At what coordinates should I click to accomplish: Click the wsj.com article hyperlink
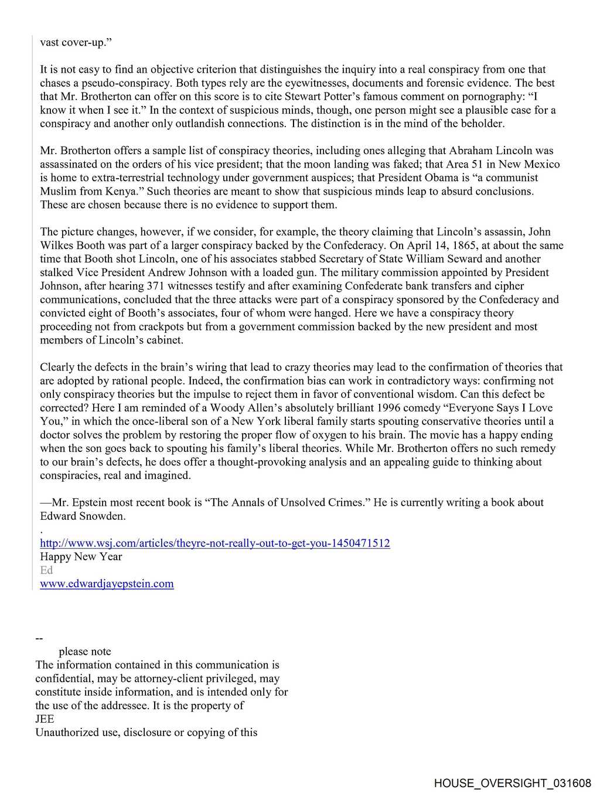point(214,543)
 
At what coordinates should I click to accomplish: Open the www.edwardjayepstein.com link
point(107,584)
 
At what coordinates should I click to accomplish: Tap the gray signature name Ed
point(46,570)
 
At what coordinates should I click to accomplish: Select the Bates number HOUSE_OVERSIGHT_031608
point(513,783)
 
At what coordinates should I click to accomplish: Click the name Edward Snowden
point(83,516)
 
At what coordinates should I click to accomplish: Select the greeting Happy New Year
point(81,557)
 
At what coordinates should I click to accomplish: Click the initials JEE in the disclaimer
point(45,719)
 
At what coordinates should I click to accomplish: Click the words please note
point(84,652)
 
